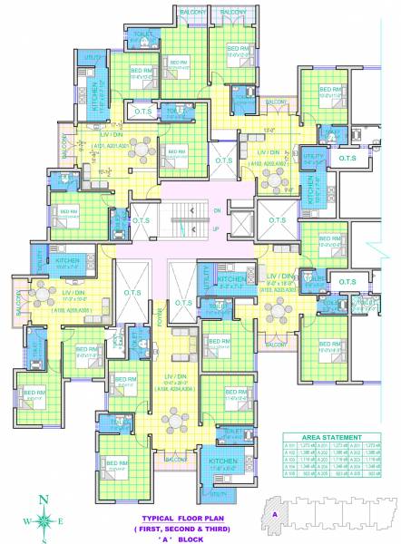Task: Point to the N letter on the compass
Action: [x=44, y=497]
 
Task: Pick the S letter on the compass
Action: [x=44, y=539]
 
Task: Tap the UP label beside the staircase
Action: [x=216, y=228]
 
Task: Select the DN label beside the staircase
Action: [x=216, y=211]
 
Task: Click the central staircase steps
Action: [x=191, y=220]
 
